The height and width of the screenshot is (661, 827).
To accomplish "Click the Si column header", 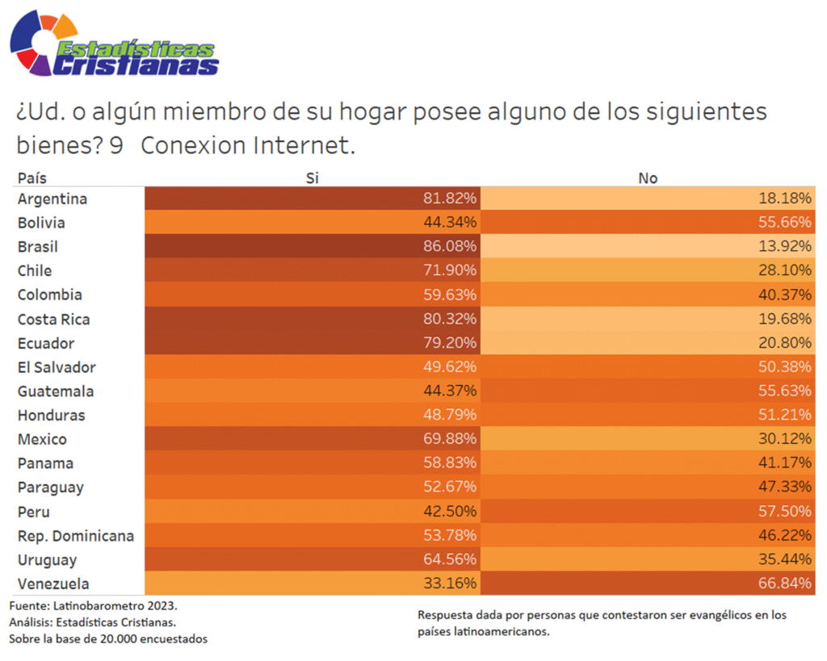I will (313, 178).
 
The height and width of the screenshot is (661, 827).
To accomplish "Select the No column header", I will (648, 178).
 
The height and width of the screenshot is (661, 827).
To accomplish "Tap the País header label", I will (32, 178).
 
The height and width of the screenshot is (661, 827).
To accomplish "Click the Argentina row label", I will (52, 199).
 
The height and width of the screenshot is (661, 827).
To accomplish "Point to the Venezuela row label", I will (53, 584).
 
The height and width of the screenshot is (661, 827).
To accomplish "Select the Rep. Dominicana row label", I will (76, 536).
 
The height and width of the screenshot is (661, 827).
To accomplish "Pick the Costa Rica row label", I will (53, 319).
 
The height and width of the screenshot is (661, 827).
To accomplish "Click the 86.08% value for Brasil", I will (450, 246).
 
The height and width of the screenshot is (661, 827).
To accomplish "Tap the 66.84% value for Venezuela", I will (785, 584).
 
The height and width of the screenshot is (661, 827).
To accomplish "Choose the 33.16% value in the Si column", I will (450, 584).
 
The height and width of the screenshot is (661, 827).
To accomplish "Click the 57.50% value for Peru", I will (785, 512).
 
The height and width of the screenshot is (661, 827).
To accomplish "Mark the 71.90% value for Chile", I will (450, 270).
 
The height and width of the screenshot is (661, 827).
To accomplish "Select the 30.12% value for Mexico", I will (785, 439).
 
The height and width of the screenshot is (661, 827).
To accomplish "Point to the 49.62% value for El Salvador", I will (450, 367).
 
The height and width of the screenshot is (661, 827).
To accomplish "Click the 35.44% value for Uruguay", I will (785, 559).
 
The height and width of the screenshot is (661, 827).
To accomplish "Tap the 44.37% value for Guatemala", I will (450, 391).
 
